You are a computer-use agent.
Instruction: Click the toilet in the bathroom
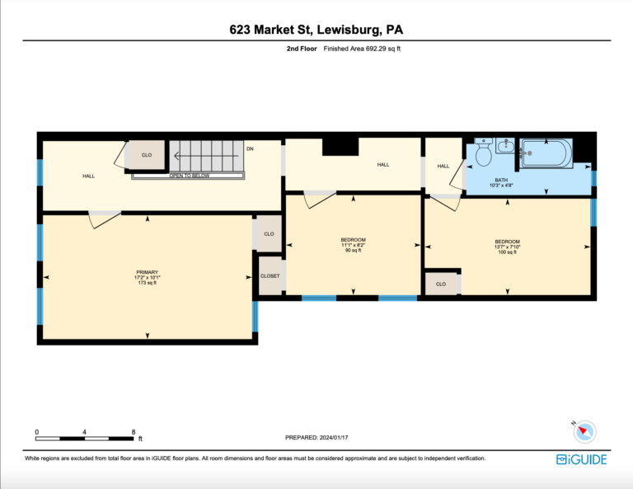click(x=483, y=152)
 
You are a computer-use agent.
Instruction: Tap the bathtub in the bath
click(x=546, y=153)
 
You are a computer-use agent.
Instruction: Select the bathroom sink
click(x=505, y=145)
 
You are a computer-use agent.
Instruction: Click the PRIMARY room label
click(x=147, y=272)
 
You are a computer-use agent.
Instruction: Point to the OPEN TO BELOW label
click(x=190, y=176)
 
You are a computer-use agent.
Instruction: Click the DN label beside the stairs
click(x=250, y=148)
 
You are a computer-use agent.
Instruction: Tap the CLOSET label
click(x=270, y=275)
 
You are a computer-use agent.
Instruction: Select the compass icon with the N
click(x=584, y=431)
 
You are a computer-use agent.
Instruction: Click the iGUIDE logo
click(x=581, y=459)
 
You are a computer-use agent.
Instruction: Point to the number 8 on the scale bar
click(x=134, y=431)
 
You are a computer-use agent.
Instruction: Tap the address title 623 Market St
click(x=270, y=30)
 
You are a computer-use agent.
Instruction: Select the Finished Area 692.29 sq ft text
click(x=362, y=49)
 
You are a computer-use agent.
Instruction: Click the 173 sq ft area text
click(x=147, y=283)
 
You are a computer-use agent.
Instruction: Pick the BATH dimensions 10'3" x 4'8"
click(x=501, y=186)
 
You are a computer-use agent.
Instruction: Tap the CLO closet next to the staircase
click(x=147, y=155)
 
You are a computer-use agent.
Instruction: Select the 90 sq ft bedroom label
click(x=354, y=251)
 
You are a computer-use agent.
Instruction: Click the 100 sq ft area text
click(x=507, y=252)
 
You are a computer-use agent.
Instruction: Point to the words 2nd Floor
click(x=302, y=49)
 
